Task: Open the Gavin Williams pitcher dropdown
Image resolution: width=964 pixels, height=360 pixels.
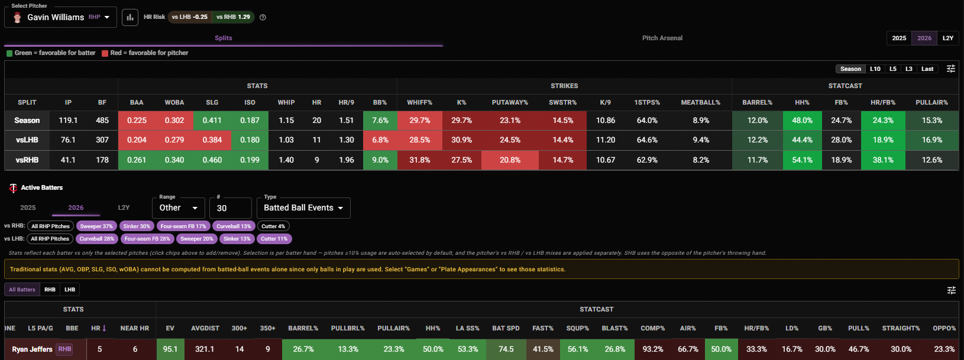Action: pos(60,17)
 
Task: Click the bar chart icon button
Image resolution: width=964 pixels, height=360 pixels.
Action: pos(130,18)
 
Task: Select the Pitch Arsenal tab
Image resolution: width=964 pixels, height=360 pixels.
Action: pos(662,38)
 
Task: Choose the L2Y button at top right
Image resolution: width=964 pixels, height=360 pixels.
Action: pos(947,38)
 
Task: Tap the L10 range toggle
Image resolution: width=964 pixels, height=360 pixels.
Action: pos(875,69)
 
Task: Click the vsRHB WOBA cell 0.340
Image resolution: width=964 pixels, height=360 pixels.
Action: pos(174,160)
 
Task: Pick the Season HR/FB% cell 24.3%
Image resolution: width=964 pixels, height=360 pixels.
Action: pos(883,121)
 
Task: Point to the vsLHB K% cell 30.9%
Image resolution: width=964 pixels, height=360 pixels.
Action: pos(461,140)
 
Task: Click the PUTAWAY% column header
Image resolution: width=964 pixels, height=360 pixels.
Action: pos(510,102)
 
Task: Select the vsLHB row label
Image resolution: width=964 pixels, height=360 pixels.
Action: pos(27,140)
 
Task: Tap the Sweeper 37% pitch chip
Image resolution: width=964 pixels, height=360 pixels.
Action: pos(96,226)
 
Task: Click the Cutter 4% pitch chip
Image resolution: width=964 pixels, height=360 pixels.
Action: pos(273,226)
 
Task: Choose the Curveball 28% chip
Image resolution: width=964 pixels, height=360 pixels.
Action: pos(96,239)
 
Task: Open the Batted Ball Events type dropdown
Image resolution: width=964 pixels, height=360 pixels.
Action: pos(303,207)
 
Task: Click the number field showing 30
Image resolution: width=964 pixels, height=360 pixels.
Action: pos(230,208)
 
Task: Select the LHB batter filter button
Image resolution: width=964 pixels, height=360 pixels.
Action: pos(70,290)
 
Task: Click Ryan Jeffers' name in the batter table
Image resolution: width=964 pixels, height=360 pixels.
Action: pos(33,349)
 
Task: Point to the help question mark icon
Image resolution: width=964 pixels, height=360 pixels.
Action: pos(263,17)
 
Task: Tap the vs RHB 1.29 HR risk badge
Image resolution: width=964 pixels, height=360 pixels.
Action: pos(233,17)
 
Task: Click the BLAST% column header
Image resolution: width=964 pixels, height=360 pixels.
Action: pos(614,328)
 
